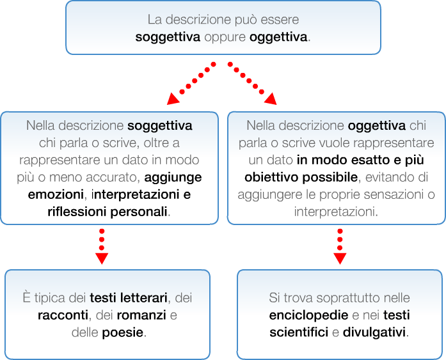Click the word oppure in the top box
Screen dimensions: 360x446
(x=225, y=37)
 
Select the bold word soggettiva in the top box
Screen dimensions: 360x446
(x=168, y=37)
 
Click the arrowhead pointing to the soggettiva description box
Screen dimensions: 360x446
(x=172, y=98)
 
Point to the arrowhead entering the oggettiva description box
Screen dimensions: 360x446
(x=271, y=98)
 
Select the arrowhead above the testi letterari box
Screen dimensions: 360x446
(x=101, y=258)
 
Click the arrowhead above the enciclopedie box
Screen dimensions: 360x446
(x=340, y=258)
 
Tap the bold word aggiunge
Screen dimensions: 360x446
(x=173, y=176)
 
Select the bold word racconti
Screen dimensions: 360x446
(x=63, y=315)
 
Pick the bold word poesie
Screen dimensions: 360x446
(x=123, y=333)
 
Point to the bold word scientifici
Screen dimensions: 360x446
(x=301, y=333)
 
